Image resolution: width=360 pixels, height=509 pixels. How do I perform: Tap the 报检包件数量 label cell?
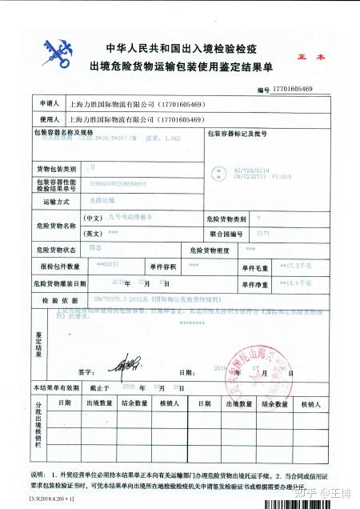coord(56,266)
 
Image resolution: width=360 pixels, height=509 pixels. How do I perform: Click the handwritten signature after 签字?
coord(119,368)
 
